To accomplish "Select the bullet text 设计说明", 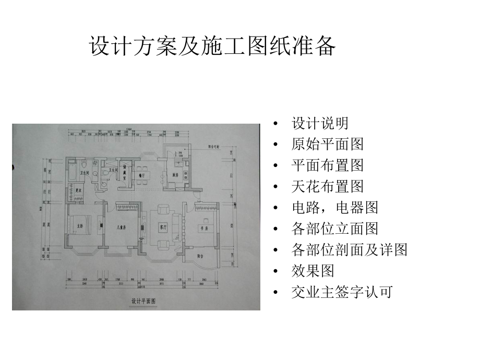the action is coord(320,124).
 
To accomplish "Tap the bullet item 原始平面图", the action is coord(327,145).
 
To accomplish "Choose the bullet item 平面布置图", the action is coord(327,165).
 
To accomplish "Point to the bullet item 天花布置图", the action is coord(327,186).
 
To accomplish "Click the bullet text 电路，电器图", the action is coord(334,207).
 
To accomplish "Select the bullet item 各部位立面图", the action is coord(334,229).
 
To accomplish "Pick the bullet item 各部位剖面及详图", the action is coord(349,249).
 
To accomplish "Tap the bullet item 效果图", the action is coord(313,271).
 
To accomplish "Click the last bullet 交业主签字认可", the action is coord(342,292).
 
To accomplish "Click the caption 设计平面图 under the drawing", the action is coord(144,301).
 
